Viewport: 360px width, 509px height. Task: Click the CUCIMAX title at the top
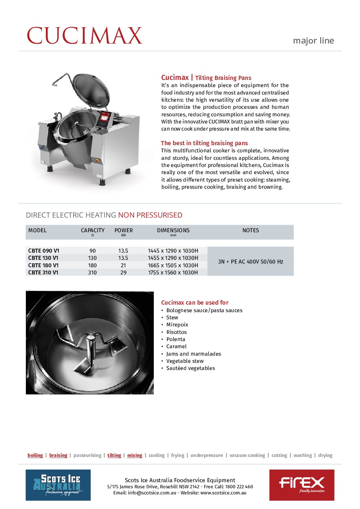(x=84, y=36)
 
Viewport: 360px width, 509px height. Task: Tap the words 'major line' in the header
(x=313, y=41)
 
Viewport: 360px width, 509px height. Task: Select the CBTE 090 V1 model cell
(x=44, y=251)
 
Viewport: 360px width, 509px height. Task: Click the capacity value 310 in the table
(x=92, y=273)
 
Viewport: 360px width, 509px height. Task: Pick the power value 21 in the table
(x=123, y=265)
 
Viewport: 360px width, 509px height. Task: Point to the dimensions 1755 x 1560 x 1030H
(x=173, y=273)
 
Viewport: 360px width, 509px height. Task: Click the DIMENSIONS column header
(x=173, y=231)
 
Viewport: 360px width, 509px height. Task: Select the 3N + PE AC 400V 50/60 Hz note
(x=250, y=261)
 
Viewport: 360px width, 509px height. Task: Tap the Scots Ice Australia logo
(x=58, y=485)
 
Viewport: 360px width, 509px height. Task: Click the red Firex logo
(x=301, y=485)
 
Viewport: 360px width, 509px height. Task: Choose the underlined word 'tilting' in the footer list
(x=114, y=455)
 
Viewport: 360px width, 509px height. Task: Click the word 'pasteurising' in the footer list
(x=87, y=455)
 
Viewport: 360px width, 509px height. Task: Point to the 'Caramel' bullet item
(x=176, y=346)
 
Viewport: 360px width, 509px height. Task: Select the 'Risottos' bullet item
(x=176, y=332)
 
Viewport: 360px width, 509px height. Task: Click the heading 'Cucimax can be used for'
(x=195, y=303)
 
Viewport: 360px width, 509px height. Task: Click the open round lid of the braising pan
(x=91, y=90)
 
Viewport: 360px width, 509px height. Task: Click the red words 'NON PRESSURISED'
(x=150, y=215)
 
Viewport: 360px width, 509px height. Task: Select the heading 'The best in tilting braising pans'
(x=204, y=143)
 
